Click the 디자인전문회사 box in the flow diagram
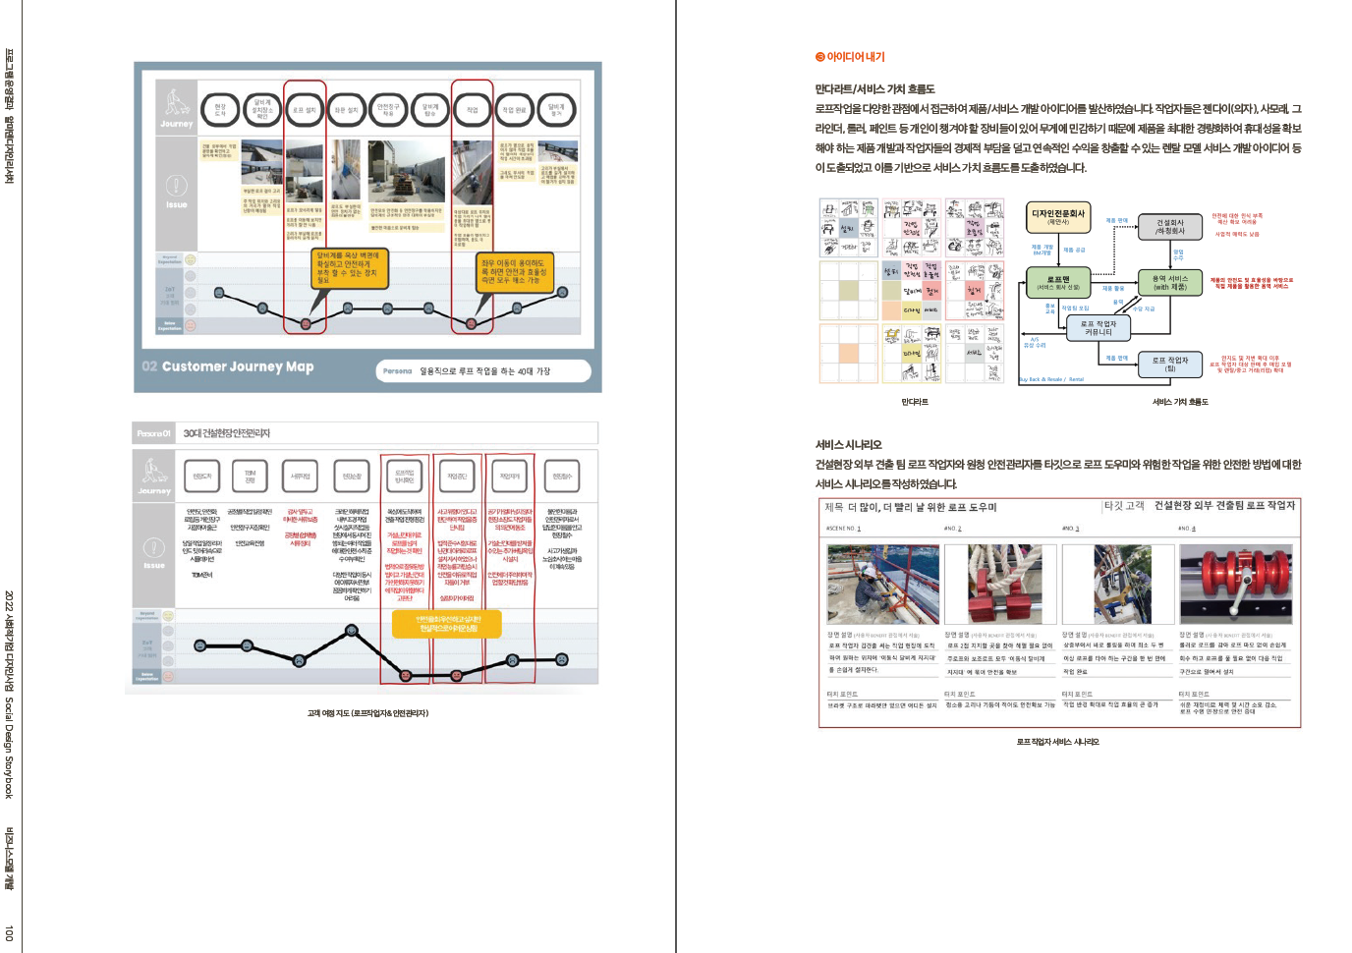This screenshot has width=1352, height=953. tap(1057, 216)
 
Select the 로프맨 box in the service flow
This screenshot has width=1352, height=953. tap(1057, 282)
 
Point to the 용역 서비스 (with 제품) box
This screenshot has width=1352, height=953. tap(1169, 282)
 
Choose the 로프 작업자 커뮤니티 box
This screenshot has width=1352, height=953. tap(1098, 328)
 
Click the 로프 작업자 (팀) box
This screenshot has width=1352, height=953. tap(1169, 364)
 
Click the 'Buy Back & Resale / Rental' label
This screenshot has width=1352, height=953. tap(1051, 379)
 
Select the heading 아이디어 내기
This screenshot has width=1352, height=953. tap(850, 57)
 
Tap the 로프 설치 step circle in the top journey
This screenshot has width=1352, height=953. tap(305, 110)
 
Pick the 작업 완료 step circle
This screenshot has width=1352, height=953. tap(514, 110)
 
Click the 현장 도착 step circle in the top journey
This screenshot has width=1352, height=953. tap(220, 110)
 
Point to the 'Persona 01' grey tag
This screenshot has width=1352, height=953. tap(153, 433)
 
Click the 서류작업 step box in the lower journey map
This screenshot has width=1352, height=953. tap(300, 476)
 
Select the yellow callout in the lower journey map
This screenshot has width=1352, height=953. tap(448, 624)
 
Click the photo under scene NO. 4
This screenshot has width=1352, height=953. tap(1236, 585)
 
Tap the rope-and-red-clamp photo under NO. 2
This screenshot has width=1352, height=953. tap(1000, 585)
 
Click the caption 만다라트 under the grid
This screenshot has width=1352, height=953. tap(914, 402)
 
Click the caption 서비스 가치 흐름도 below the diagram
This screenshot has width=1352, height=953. tap(1180, 402)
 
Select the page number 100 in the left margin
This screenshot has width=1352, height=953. tap(9, 932)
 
